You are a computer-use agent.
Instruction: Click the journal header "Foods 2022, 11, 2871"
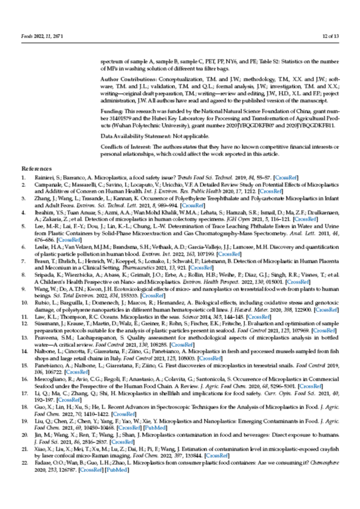pyautogui.click(x=43, y=36)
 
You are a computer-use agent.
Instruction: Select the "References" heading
pyautogui.click(x=37, y=168)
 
